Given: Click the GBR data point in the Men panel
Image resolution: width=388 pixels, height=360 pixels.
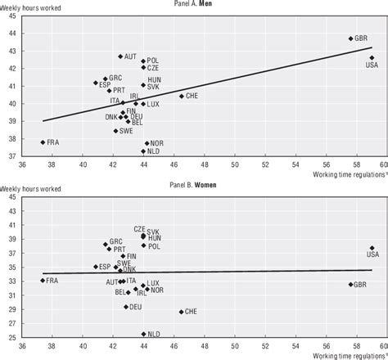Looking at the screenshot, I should coord(350,38).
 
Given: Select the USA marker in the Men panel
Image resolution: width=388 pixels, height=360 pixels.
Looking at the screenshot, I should coord(371,57).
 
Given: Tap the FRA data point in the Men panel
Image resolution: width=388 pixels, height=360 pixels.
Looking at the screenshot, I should coord(43,142).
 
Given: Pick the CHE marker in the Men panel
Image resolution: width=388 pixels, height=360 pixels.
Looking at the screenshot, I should coord(182,96).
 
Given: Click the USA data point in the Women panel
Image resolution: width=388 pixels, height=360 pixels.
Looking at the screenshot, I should coord(372,248).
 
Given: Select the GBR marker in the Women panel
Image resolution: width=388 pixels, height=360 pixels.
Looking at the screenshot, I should coord(350,285).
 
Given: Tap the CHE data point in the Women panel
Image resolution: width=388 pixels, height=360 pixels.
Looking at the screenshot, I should coord(182,312).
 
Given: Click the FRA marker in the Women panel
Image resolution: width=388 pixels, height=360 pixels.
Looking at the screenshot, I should coord(43,281).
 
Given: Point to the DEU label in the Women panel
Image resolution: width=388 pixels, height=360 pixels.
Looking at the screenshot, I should coord(138,307).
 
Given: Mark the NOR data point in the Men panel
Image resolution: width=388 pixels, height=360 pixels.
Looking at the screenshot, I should coord(147,143).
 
